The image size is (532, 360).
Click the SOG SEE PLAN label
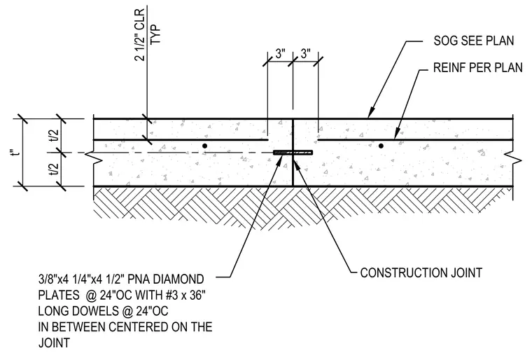pos(474,41)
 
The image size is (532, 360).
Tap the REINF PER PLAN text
pos(478,67)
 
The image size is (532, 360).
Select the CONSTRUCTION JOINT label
pos(421,272)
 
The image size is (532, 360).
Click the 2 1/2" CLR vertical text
pos(140,34)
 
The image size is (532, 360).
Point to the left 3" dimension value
pos(280,54)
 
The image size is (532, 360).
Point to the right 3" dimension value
pos(305,54)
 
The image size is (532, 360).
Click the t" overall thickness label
pos(15,153)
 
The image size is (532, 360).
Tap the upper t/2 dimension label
pos(55,136)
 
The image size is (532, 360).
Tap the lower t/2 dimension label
pos(55,169)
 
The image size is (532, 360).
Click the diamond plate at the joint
pos(293,153)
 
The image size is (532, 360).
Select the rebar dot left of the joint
pos(204,146)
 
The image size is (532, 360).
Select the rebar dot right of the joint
pos(381,146)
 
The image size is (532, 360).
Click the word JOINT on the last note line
pos(55,342)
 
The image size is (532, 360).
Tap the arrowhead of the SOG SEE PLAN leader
pos(371,113)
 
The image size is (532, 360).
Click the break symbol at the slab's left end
pos(93,158)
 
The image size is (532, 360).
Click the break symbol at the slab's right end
pos(513,158)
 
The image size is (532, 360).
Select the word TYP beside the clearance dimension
pos(155,34)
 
